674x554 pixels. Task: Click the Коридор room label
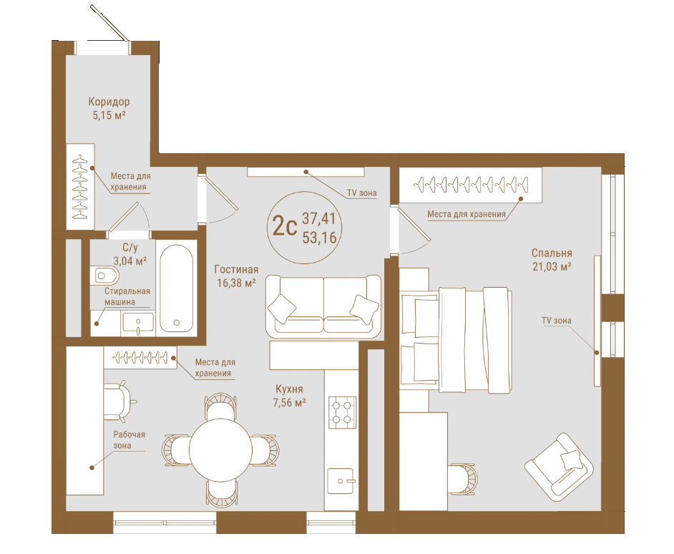coord(109,102)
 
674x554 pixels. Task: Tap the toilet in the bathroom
coord(105,275)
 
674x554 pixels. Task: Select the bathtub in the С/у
coord(176,288)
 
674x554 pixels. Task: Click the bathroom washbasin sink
coord(137,324)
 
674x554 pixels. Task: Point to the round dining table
coord(220,449)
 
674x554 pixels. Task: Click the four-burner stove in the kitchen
coord(343,412)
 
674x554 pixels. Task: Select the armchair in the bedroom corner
coord(560,467)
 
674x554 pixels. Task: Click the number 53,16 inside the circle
coord(319,238)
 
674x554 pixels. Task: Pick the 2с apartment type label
coord(285,226)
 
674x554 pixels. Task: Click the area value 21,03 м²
coord(552,267)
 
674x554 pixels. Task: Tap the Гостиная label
coord(236,269)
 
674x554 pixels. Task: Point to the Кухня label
coord(289,389)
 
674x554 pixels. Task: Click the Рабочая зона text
coord(129,440)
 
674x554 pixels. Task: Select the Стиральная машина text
coord(127,296)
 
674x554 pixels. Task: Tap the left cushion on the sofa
coord(282,308)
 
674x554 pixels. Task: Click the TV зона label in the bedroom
coord(556,321)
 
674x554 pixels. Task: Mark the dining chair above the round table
coord(220,406)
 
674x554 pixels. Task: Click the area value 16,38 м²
coord(236,283)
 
